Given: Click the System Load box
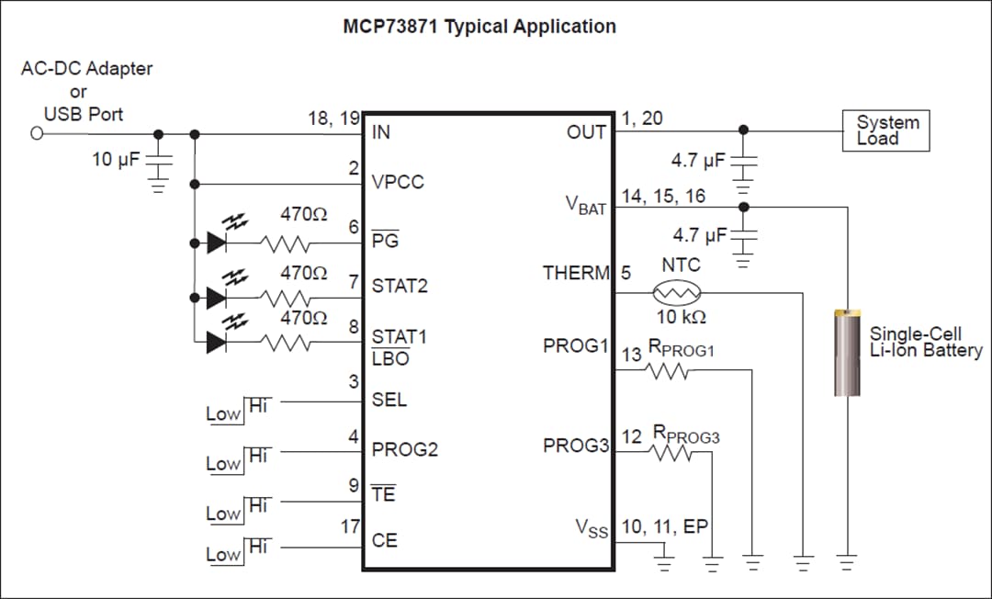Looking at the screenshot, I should (886, 130).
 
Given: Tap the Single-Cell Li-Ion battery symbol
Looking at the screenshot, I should (847, 353).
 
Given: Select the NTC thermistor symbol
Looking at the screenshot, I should (677, 293).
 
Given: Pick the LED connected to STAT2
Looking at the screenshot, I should (218, 297).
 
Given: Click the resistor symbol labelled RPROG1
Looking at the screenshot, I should (669, 371).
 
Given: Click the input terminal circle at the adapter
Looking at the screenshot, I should (37, 134).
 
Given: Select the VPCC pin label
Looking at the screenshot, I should (398, 182).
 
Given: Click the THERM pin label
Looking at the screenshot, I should (575, 273).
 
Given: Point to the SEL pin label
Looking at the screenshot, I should (389, 401).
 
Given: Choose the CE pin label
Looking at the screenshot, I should (384, 540).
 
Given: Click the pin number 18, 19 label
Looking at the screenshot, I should (333, 119).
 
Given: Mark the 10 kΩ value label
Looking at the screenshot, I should (681, 317).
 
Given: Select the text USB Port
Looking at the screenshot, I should (84, 115).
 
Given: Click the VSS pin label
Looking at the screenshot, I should (591, 528).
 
